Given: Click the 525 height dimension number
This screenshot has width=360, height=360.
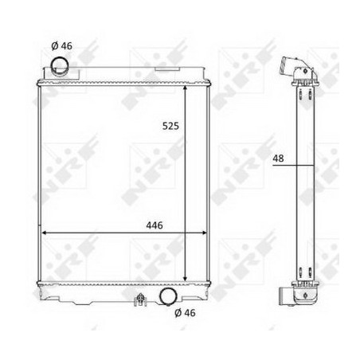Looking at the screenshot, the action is (x=170, y=126).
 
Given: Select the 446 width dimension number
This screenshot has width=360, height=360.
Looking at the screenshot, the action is (x=155, y=225).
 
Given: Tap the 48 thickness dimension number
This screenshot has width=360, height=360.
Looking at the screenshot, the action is (x=278, y=158).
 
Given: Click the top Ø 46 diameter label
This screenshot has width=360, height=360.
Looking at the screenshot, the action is (x=61, y=46).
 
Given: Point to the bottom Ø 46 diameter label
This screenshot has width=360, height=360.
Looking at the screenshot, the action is (x=185, y=313).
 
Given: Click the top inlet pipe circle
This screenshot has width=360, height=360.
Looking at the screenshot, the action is (x=60, y=65).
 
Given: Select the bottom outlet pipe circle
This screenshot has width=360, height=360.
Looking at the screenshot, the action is (x=168, y=296).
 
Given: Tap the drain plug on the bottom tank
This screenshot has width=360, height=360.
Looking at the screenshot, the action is (x=140, y=299).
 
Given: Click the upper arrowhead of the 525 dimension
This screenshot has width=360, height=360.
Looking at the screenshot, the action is (x=185, y=88).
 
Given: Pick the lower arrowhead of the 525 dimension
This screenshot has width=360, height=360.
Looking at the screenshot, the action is (x=185, y=278).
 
